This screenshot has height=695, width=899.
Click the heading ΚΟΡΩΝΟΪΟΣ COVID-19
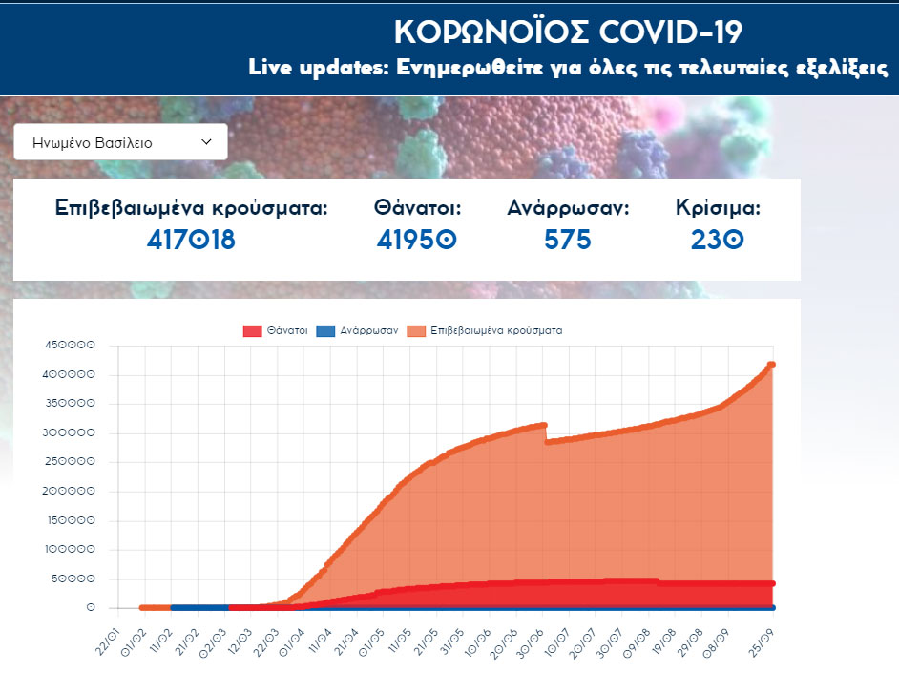(x=568, y=32)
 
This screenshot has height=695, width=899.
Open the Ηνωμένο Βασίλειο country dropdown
(x=121, y=142)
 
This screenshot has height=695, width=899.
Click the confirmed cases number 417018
(x=191, y=240)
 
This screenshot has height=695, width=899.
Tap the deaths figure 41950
(x=417, y=240)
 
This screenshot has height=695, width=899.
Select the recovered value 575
(x=568, y=240)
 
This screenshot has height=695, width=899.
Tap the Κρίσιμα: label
(x=718, y=208)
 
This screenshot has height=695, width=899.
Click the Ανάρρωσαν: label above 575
(x=568, y=208)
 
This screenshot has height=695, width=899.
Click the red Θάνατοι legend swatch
(x=253, y=331)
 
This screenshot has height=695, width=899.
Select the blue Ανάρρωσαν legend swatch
(x=324, y=331)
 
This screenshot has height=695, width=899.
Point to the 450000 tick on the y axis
(x=71, y=346)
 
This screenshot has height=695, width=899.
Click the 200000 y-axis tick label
(x=71, y=492)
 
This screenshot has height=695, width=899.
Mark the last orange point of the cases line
(x=772, y=365)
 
